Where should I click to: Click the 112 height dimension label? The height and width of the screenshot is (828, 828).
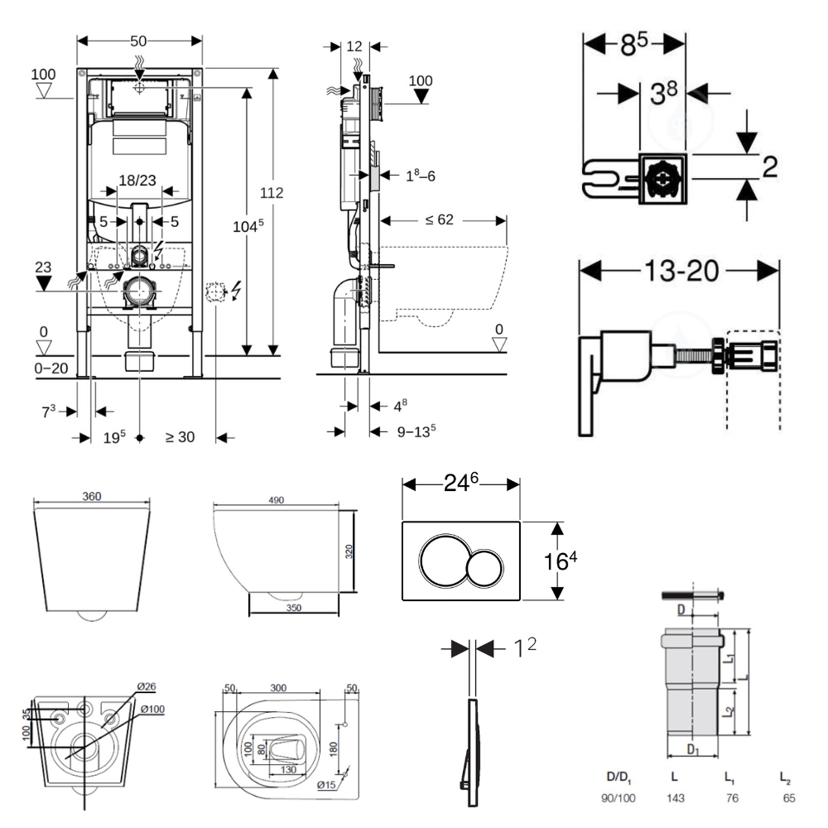272,193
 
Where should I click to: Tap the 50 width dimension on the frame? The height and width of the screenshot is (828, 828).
138,41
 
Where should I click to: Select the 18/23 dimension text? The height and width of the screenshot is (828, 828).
138,180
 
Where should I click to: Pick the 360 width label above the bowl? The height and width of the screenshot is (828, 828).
91,496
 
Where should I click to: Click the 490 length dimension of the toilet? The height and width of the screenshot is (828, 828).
276,500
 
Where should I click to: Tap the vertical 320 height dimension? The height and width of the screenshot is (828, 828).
349,551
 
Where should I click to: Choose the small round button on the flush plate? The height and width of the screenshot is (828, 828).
485,566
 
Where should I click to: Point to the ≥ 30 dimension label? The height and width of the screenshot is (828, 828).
180,437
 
